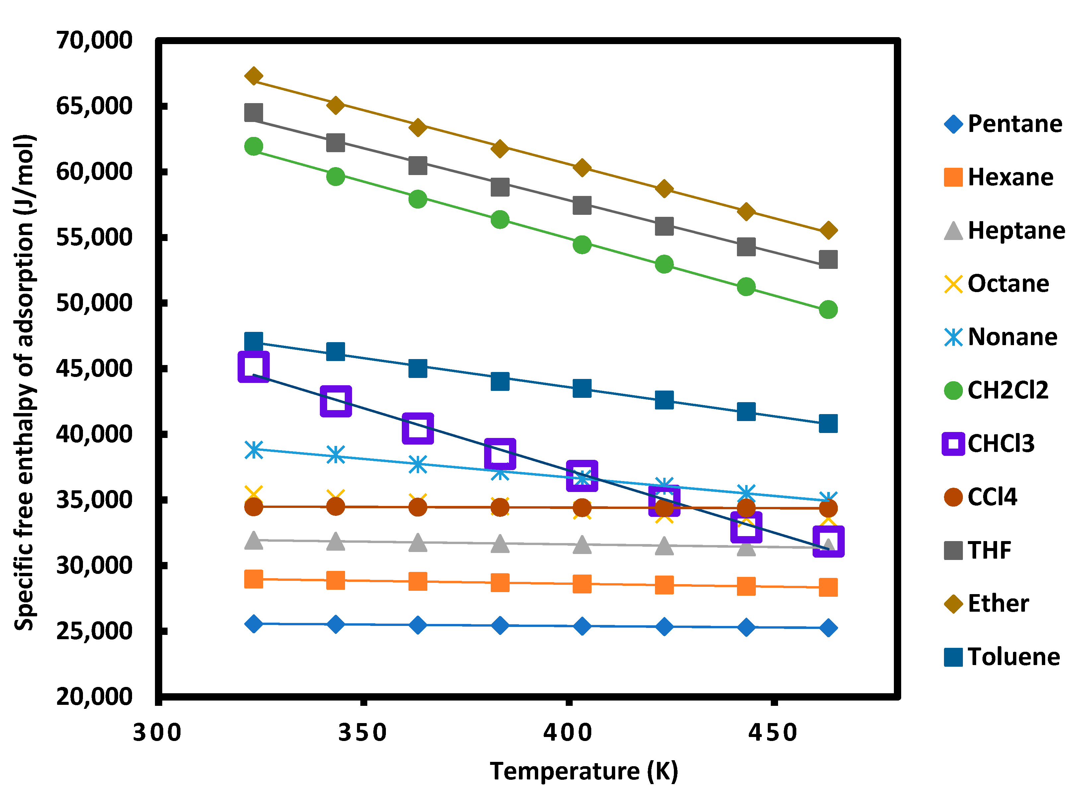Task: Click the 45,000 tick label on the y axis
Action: tap(94, 369)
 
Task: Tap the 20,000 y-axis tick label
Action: tap(94, 697)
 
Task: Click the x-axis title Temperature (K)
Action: tap(584, 771)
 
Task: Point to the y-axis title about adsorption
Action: tap(24, 382)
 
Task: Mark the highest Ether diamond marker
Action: tap(253, 76)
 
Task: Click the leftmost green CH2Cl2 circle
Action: tap(253, 146)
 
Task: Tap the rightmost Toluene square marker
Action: tap(828, 423)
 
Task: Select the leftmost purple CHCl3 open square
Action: tap(253, 367)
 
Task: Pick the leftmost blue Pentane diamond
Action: tap(253, 624)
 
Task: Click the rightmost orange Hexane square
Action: tap(828, 587)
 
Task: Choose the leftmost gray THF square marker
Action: tap(253, 113)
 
